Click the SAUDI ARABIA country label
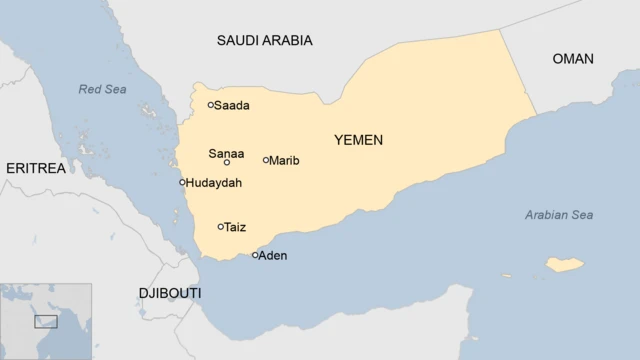(x=264, y=41)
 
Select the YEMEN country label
(x=358, y=140)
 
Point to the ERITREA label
(x=35, y=168)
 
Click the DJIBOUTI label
(x=169, y=293)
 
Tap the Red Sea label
(x=103, y=90)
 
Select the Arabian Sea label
(x=559, y=215)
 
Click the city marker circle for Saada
(x=211, y=105)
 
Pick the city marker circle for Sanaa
(x=227, y=162)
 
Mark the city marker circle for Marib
(x=266, y=160)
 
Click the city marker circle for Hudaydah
(x=182, y=182)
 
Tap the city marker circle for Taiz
(x=221, y=227)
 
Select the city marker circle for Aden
(x=255, y=255)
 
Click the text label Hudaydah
(x=213, y=183)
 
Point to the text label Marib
(x=285, y=160)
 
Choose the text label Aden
(x=273, y=256)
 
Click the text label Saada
(x=232, y=105)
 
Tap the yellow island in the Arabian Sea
(x=564, y=265)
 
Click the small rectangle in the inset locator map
(x=46, y=321)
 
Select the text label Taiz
(x=236, y=227)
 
